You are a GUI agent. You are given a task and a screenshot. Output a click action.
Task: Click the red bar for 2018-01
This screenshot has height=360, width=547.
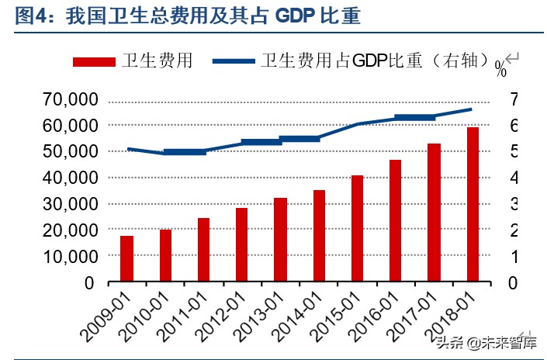[473, 204]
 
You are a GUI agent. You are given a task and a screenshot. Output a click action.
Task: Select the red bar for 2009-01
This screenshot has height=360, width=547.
[126, 258]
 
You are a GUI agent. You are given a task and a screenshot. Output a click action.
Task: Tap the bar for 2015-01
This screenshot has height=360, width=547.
[357, 228]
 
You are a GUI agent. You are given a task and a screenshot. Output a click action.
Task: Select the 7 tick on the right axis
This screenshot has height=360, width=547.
[513, 99]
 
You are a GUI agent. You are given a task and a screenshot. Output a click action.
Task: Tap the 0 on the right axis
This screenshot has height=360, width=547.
[513, 282]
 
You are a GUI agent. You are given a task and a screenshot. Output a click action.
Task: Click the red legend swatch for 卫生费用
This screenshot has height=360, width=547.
[94, 61]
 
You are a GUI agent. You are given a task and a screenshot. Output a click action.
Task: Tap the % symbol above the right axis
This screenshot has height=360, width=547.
[500, 72]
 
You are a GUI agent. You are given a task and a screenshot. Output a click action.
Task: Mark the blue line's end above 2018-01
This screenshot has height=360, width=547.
[471, 109]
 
